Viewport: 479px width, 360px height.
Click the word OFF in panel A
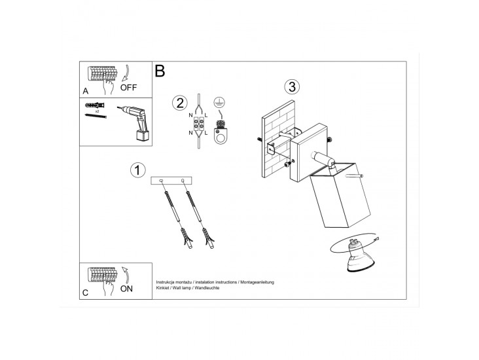click(x=128, y=88)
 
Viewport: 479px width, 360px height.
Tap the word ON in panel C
click(x=126, y=289)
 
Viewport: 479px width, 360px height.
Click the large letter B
click(x=160, y=71)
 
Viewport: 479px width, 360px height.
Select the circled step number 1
click(x=138, y=170)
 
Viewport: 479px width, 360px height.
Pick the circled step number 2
click(x=180, y=103)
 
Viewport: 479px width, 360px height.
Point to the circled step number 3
click(x=292, y=87)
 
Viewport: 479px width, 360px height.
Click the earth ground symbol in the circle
click(x=218, y=103)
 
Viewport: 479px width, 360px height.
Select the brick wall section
click(x=278, y=139)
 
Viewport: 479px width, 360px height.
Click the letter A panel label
click(x=86, y=91)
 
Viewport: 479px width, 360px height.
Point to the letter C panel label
click(x=85, y=293)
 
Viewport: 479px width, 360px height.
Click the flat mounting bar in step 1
click(x=171, y=181)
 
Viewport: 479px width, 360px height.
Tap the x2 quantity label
click(x=97, y=112)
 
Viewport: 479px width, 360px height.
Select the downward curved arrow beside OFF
click(x=126, y=73)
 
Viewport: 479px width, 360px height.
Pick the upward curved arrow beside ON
click(x=125, y=275)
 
